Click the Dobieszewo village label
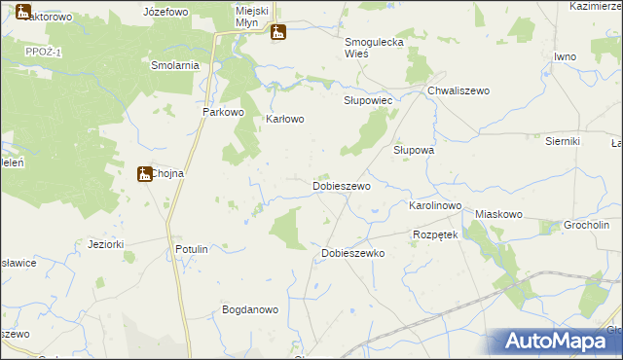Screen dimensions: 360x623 (341, 185)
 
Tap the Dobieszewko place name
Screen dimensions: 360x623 (353, 253)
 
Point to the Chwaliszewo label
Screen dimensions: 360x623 (458, 90)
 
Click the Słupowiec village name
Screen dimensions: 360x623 (368, 100)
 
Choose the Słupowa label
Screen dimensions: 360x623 (413, 151)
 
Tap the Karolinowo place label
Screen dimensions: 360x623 (434, 207)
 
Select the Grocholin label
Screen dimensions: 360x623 (587, 226)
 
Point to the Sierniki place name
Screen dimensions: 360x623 (563, 141)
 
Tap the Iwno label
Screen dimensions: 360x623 (566, 56)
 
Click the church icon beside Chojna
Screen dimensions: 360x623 (144, 173)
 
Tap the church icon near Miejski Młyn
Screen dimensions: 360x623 (278, 32)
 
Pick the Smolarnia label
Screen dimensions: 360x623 (175, 65)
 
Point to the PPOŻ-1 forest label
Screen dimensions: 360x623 (44, 52)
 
